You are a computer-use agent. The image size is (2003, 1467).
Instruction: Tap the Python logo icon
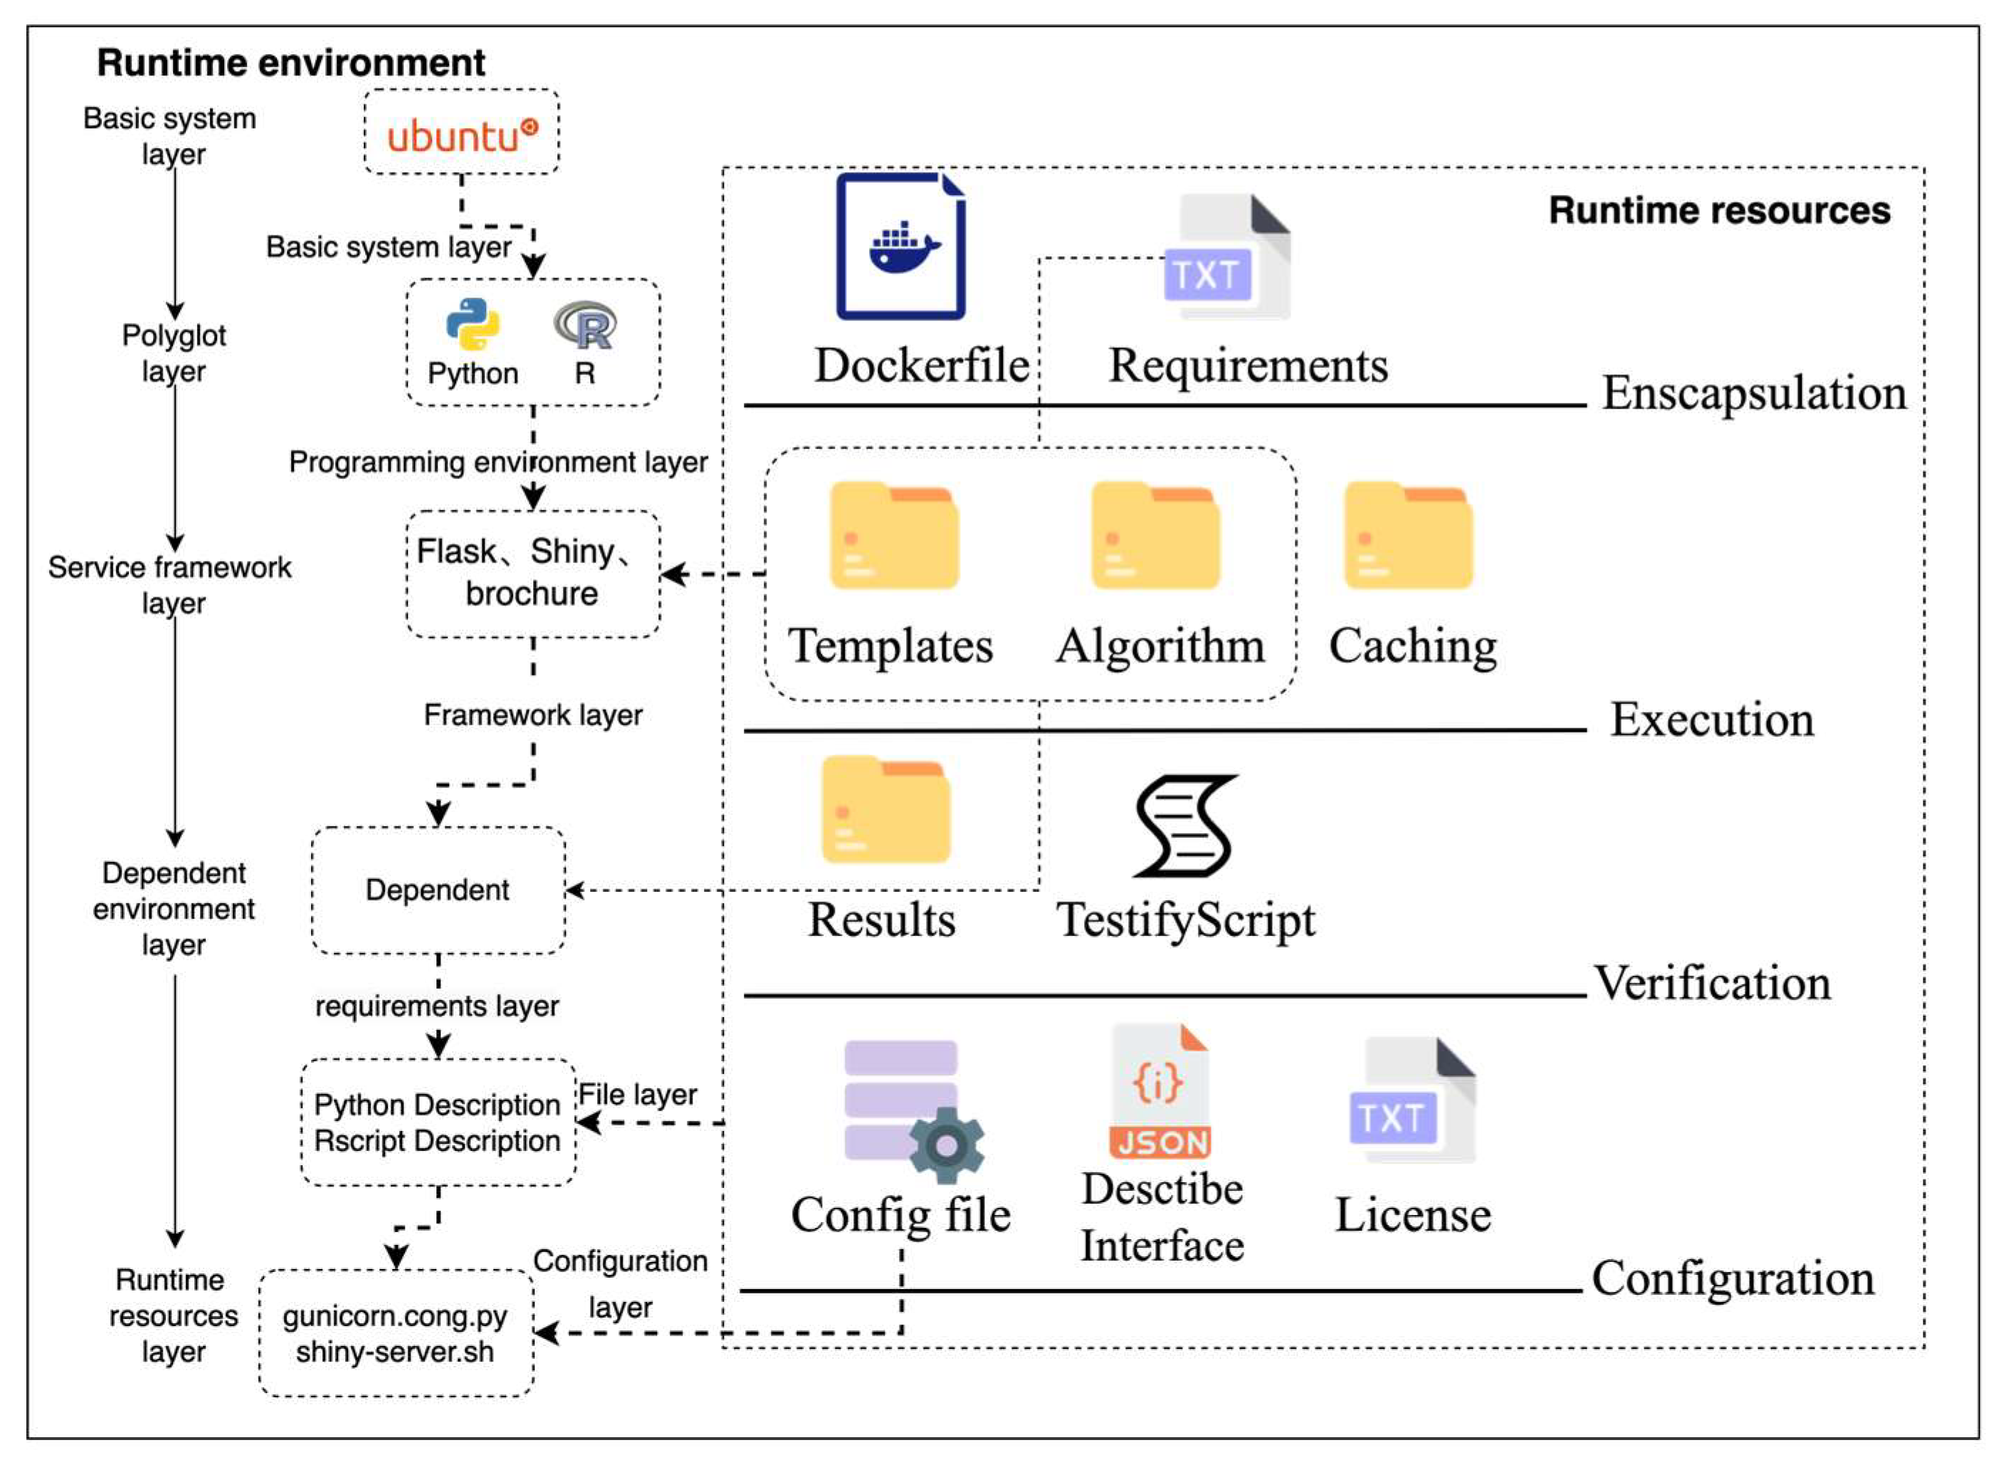(x=473, y=324)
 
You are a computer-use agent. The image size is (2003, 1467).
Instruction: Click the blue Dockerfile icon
(x=900, y=247)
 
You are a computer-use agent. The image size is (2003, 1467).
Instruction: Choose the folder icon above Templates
(x=894, y=535)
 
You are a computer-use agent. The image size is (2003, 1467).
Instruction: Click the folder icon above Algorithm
(x=1155, y=535)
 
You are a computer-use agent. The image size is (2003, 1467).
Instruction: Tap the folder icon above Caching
(x=1408, y=535)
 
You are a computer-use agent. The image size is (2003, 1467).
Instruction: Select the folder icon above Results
(x=886, y=809)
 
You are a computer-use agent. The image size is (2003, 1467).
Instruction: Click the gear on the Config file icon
(x=947, y=1145)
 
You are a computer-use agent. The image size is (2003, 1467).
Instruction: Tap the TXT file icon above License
(x=1411, y=1101)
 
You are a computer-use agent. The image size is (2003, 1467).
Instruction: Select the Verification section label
(x=1713, y=983)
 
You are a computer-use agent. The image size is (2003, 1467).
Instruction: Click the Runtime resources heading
(x=1719, y=211)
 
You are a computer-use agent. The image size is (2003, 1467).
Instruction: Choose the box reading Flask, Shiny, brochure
(x=532, y=573)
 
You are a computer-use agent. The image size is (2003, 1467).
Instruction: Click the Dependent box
(x=438, y=890)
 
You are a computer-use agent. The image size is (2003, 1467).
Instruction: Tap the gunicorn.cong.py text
(x=395, y=1315)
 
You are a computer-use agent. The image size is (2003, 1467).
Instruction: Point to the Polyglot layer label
(x=174, y=352)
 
